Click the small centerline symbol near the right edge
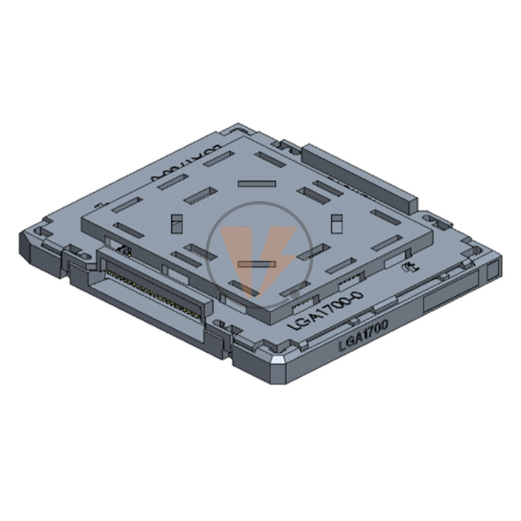click(x=409, y=267)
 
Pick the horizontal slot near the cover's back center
click(x=254, y=184)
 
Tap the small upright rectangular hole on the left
click(x=175, y=223)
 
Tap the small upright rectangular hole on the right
click(x=337, y=223)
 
